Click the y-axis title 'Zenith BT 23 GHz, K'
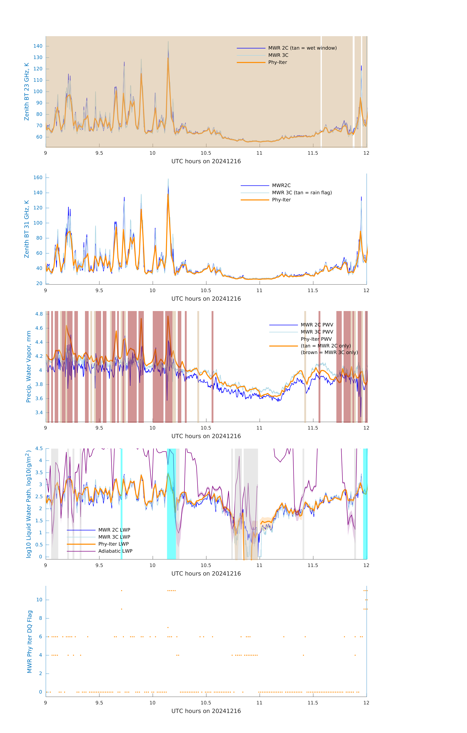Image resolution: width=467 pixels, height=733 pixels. [x=27, y=92]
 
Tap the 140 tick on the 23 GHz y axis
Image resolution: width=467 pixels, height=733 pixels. [x=38, y=46]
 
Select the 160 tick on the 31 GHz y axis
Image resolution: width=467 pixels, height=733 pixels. [x=38, y=178]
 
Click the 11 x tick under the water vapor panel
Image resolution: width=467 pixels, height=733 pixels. [x=259, y=428]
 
